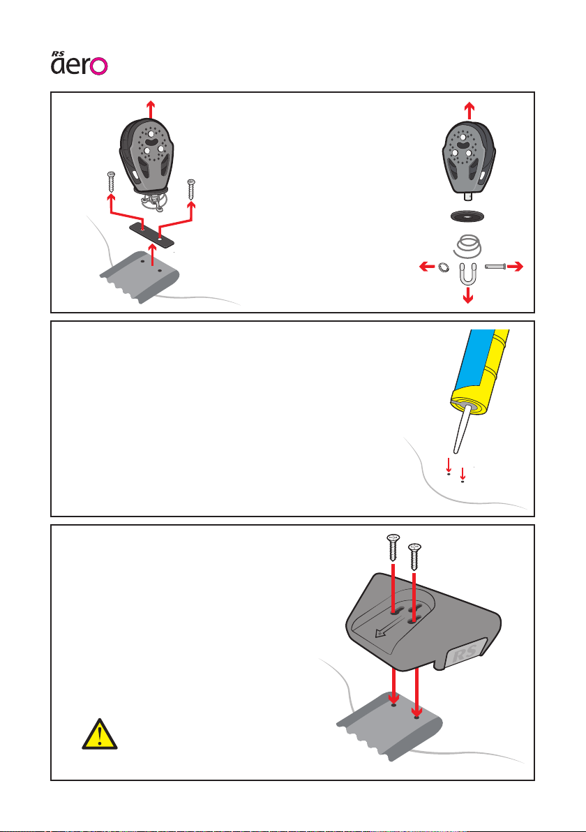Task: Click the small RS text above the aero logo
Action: (x=59, y=51)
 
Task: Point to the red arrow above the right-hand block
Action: (x=469, y=110)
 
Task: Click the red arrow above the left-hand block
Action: (x=150, y=110)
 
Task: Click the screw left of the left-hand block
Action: (x=110, y=184)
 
